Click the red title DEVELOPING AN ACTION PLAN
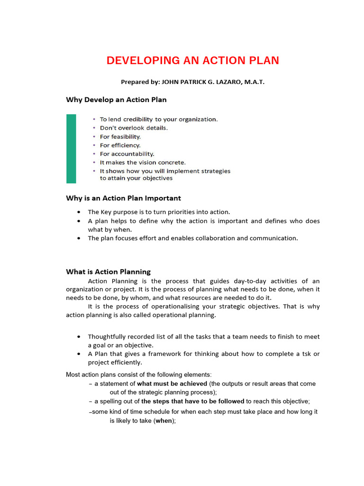[192, 61]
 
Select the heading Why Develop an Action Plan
[116, 100]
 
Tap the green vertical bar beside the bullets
[71, 149]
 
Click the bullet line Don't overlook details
[134, 128]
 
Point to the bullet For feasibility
[120, 137]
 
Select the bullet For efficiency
[120, 145]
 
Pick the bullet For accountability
[127, 154]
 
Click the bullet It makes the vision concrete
[143, 162]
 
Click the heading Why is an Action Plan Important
[123, 198]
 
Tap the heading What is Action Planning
[108, 272]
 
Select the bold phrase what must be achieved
[172, 383]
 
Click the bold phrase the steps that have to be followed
[193, 401]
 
